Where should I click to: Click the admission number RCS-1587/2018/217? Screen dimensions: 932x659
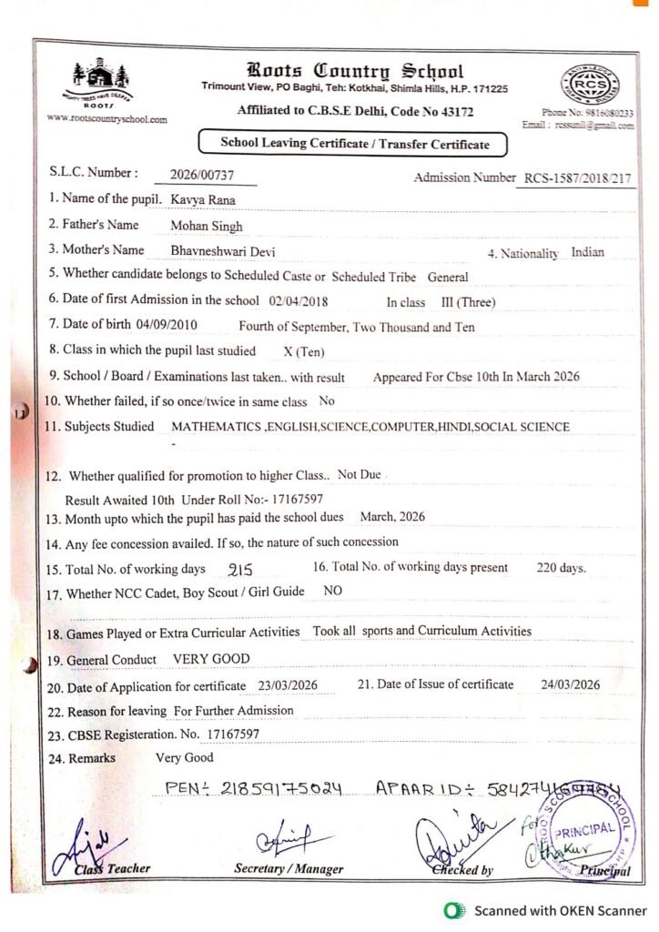576,178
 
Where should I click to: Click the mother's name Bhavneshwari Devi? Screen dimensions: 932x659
222,251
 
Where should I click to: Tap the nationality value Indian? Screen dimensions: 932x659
587,252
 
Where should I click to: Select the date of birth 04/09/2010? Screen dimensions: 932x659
166,325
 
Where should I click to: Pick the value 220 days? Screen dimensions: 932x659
562,568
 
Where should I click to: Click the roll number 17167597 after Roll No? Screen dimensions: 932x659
291,499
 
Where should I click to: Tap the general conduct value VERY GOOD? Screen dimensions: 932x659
211,659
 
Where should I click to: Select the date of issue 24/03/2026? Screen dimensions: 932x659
570,684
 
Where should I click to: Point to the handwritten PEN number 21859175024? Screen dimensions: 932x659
253,787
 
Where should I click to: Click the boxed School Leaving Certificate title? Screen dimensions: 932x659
354,144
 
